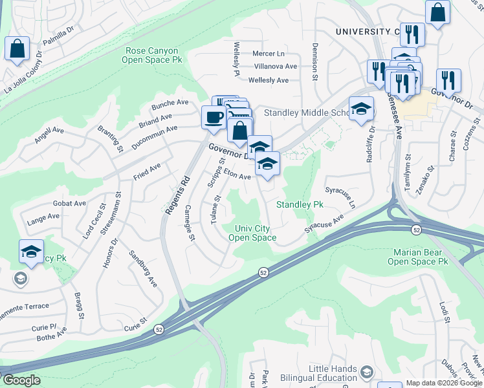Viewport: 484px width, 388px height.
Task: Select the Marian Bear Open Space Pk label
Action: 417,256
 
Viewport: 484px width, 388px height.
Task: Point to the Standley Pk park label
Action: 300,204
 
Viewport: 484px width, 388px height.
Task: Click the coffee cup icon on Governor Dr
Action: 214,118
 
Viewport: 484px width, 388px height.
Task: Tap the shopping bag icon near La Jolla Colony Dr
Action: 17,49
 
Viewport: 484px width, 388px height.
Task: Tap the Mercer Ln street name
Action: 269,54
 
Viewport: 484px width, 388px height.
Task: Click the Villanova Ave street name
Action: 276,67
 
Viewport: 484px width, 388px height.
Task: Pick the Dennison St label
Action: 315,61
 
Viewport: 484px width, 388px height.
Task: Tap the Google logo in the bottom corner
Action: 21,380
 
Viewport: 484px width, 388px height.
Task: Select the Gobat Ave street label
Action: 70,203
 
